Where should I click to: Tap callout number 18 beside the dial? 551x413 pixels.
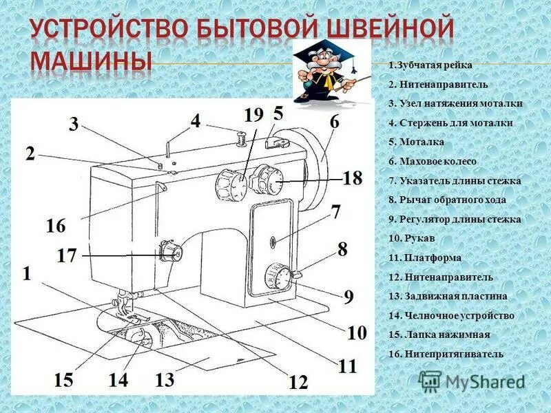(352, 179)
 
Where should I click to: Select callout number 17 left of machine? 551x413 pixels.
(67, 256)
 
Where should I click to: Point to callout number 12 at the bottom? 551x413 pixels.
(298, 382)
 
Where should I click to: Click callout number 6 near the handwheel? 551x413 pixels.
(334, 122)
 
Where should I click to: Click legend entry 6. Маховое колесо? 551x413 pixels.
(433, 161)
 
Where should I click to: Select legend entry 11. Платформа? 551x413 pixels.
(425, 257)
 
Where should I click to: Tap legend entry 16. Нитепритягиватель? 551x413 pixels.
(446, 354)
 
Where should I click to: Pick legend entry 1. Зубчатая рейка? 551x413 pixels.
(430, 65)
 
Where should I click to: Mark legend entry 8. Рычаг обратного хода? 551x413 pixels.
(447, 200)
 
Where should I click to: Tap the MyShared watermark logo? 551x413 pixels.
(472, 381)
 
